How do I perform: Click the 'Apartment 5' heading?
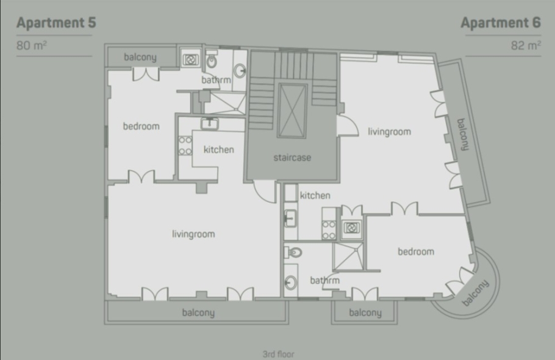tap(56, 23)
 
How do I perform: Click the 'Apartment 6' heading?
tap(501, 23)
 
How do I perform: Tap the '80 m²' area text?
tap(32, 45)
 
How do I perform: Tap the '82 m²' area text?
tap(526, 45)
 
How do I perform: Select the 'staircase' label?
tap(292, 157)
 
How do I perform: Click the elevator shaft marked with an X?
tap(292, 110)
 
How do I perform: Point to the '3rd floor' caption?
tap(278, 354)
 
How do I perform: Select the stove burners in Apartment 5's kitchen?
tap(185, 145)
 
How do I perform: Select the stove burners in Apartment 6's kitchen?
tap(329, 230)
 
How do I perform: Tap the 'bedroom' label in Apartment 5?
tap(141, 126)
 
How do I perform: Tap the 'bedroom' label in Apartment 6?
tap(416, 251)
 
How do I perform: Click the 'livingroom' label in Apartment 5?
tap(193, 234)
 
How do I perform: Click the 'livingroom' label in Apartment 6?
tap(389, 132)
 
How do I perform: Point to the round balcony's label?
tap(475, 292)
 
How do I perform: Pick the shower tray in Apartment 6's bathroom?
tap(349, 257)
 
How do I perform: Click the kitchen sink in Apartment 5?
tap(210, 124)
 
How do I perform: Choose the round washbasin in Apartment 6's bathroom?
tap(290, 282)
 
